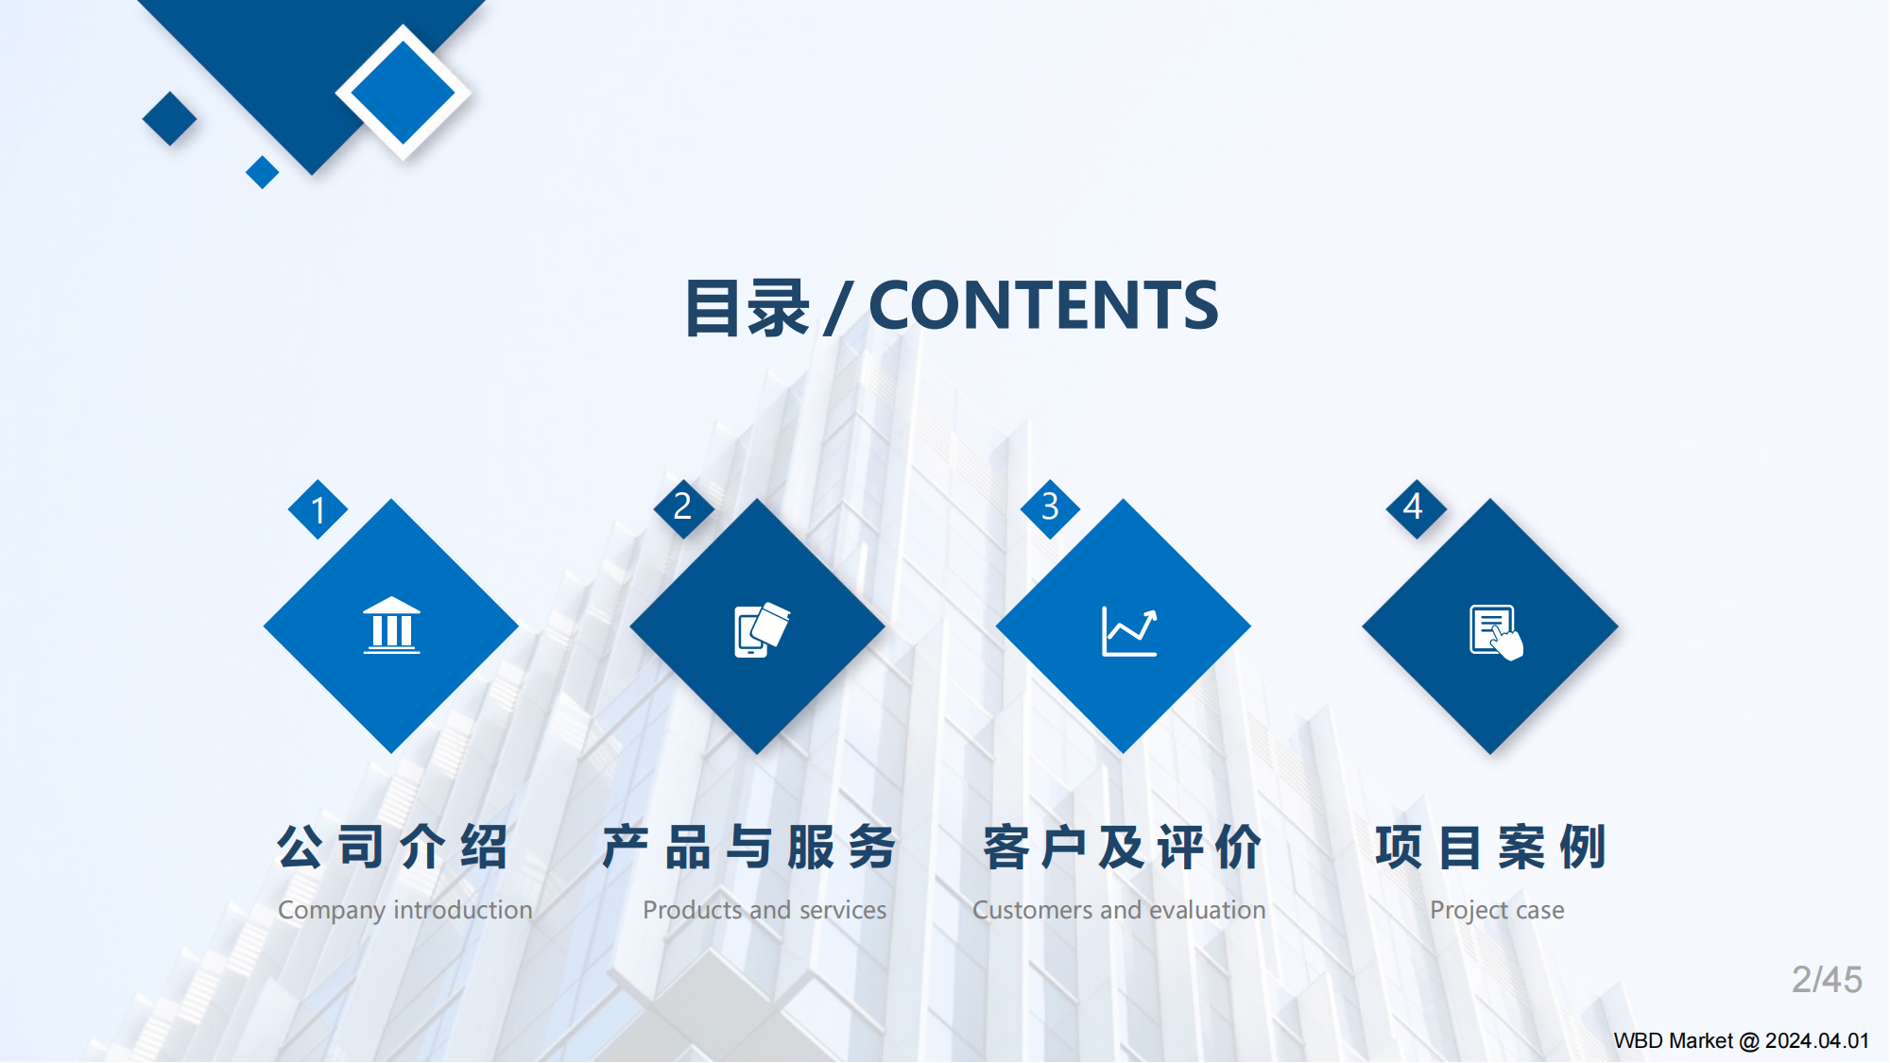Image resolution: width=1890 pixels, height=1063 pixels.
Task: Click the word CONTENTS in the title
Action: pyautogui.click(x=1043, y=305)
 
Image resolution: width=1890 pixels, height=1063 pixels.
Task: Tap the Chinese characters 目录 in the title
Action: pyautogui.click(x=747, y=308)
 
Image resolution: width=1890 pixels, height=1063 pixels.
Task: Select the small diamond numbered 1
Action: pyautogui.click(x=318, y=509)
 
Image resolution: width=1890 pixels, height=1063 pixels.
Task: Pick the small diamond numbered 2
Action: pyautogui.click(x=682, y=507)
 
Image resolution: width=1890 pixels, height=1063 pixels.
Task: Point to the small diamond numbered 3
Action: pyautogui.click(x=1049, y=507)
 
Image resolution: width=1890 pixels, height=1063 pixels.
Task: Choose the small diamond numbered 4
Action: pyautogui.click(x=1414, y=507)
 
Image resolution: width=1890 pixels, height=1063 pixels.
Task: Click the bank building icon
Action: pyautogui.click(x=391, y=626)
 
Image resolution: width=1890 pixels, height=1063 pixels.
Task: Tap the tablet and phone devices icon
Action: pyautogui.click(x=760, y=629)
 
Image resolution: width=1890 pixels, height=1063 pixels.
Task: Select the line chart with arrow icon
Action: pyautogui.click(x=1128, y=631)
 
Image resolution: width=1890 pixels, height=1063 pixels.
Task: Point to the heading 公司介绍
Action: pyautogui.click(x=393, y=846)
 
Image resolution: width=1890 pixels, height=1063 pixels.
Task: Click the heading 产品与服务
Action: pyautogui.click(x=749, y=846)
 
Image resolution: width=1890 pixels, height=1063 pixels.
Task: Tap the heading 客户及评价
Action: pyautogui.click(x=1122, y=846)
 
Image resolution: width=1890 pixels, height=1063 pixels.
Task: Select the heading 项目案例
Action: pyautogui.click(x=1490, y=846)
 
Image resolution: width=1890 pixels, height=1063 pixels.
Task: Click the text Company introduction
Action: pyautogui.click(x=404, y=910)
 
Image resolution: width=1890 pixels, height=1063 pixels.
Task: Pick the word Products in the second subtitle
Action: pyautogui.click(x=692, y=910)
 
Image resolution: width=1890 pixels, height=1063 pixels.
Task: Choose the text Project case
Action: pyautogui.click(x=1497, y=910)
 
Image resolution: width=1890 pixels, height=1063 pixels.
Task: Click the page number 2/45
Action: pyautogui.click(x=1826, y=980)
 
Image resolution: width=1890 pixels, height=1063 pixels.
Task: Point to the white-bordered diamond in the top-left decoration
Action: pyautogui.click(x=403, y=93)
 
